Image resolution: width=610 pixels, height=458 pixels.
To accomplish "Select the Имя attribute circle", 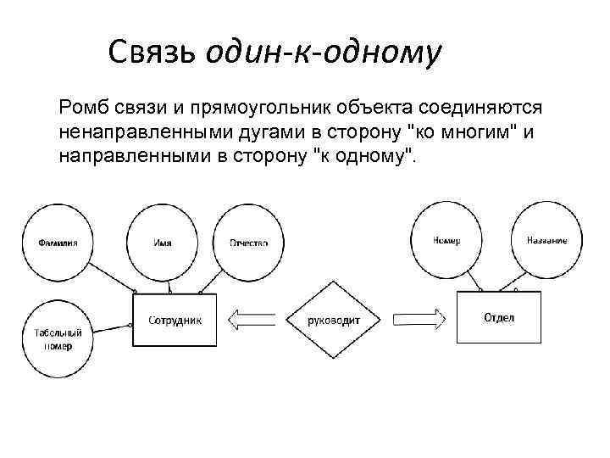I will tap(162, 243).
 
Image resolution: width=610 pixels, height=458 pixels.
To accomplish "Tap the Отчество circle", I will tap(248, 243).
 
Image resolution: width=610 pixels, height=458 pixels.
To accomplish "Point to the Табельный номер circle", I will tap(58, 339).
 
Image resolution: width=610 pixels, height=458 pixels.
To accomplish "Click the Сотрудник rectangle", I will tap(175, 321).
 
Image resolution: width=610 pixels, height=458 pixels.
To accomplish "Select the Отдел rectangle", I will tap(498, 318).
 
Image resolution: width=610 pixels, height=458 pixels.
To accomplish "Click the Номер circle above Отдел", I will tap(446, 241).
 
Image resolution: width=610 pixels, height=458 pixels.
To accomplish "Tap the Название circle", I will tap(546, 241).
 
